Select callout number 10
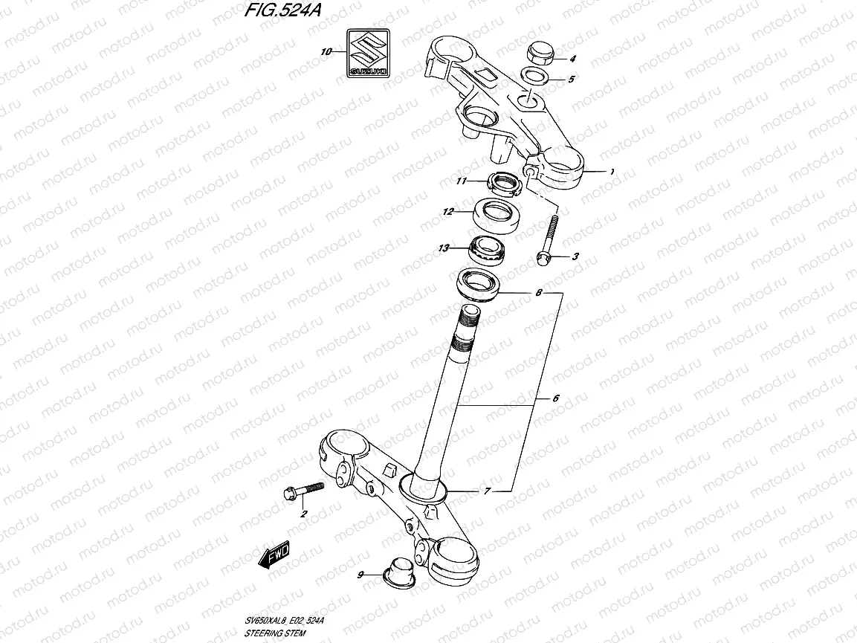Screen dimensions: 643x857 (325, 52)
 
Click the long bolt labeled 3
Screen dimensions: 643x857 (548, 238)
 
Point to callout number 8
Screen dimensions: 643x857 (538, 294)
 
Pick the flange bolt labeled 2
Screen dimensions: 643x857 (302, 491)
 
